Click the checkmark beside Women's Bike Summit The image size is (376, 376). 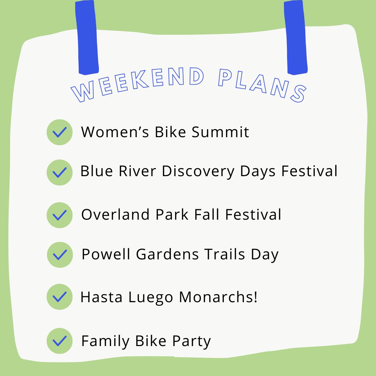(60, 132)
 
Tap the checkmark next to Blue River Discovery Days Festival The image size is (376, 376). (60, 172)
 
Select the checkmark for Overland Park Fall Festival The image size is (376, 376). (60, 215)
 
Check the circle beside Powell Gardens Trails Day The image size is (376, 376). (60, 255)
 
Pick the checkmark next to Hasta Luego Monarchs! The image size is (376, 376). (60, 297)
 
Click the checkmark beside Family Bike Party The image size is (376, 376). (60, 341)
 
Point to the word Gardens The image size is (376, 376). (167, 255)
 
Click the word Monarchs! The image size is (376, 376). (218, 298)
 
